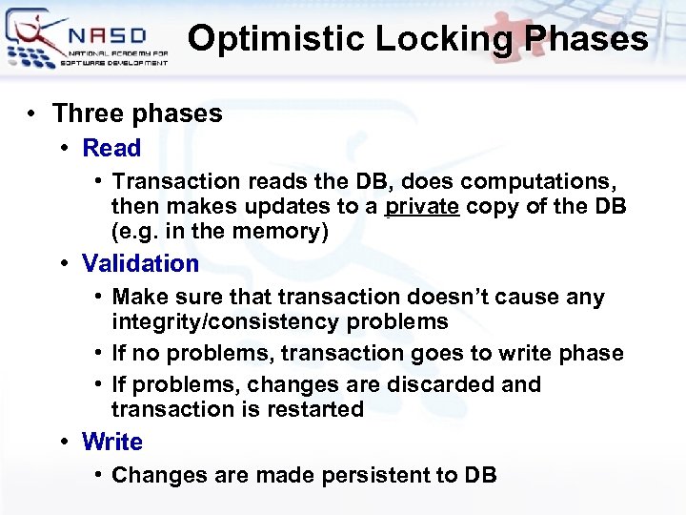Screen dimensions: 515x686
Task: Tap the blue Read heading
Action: [111, 148]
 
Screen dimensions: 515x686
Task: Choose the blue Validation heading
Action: [140, 263]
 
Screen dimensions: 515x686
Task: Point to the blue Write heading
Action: [112, 442]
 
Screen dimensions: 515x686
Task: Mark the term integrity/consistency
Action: [226, 321]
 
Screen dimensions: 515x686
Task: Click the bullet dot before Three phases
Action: [32, 114]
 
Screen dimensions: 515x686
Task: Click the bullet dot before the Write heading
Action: [63, 443]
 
